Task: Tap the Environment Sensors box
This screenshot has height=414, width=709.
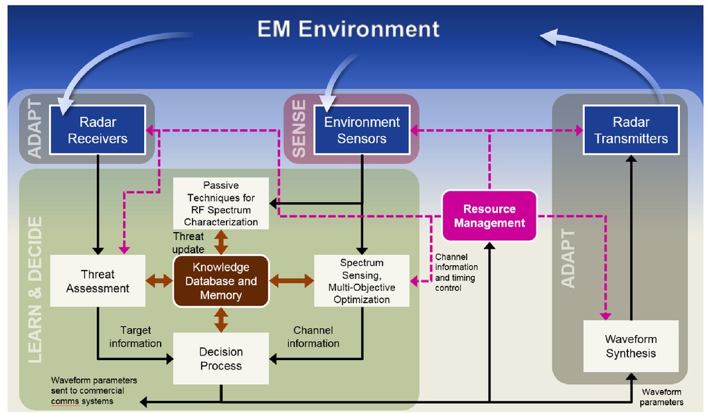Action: [362, 130]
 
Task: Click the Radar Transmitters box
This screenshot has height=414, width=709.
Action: [631, 130]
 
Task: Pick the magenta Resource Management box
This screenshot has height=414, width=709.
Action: [489, 216]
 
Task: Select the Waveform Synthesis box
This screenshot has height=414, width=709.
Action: [631, 346]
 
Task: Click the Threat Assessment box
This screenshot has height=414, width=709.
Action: [98, 281]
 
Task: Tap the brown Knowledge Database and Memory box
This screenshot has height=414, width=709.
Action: [220, 281]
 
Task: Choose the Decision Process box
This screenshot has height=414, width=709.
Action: [220, 358]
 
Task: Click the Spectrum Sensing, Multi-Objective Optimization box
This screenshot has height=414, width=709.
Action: [361, 281]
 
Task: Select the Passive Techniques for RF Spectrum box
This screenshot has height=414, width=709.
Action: [220, 203]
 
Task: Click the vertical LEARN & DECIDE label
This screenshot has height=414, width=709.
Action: [37, 289]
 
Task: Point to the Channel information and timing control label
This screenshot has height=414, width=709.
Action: [457, 272]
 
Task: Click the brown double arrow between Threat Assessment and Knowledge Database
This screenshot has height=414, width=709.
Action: [158, 281]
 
